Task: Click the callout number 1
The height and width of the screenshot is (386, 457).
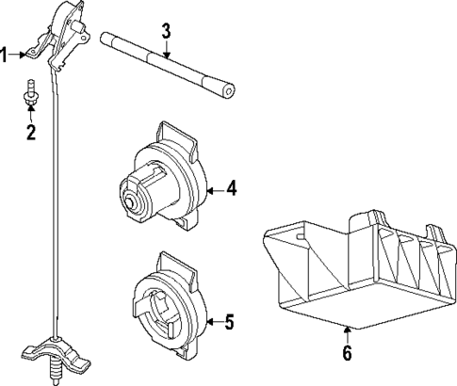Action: point(5,55)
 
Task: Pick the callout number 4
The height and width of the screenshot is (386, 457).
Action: point(231,188)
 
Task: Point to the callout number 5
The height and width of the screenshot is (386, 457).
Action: point(230,323)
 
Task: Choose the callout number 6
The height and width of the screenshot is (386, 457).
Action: point(346,354)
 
